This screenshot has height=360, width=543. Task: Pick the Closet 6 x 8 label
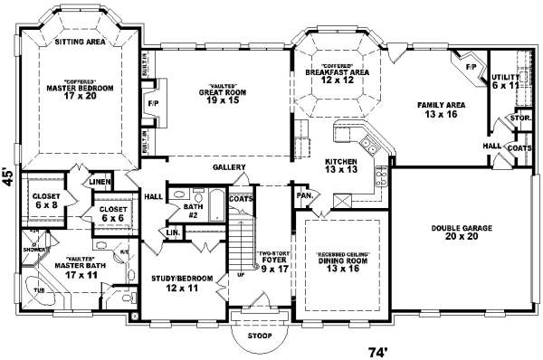[46, 200]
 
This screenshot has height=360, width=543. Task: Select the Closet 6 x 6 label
[113, 213]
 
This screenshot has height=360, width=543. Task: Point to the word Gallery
[231, 167]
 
